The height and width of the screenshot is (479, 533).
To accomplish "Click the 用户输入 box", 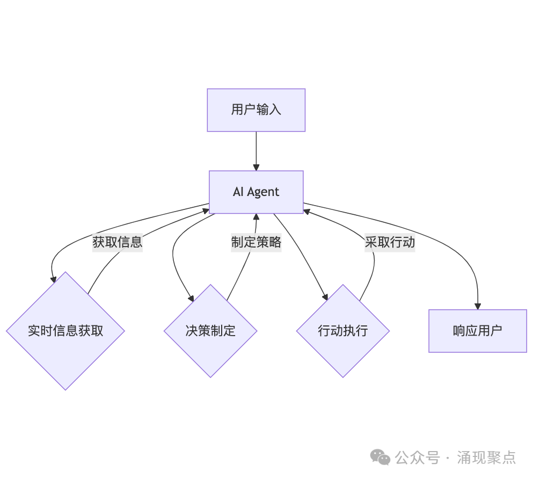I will [256, 110].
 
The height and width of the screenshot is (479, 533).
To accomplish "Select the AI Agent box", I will [256, 192].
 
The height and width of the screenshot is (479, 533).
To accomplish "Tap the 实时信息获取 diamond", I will [65, 331].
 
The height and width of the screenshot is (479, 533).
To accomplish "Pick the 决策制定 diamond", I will [210, 331].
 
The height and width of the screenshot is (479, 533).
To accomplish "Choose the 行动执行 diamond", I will [343, 331].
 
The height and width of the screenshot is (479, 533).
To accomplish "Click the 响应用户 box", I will [477, 331].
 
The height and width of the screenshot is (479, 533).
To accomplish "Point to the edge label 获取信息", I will [118, 242].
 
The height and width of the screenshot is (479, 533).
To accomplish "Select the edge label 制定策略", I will [256, 242].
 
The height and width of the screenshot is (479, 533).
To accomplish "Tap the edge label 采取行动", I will [390, 242].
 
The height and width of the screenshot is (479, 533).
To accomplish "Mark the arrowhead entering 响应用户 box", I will [477, 306].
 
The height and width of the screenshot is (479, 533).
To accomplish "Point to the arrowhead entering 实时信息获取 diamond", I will [54, 279].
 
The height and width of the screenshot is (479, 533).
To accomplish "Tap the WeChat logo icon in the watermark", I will [381, 458].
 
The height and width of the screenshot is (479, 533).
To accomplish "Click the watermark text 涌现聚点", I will [486, 458].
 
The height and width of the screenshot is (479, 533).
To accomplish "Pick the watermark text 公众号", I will [417, 458].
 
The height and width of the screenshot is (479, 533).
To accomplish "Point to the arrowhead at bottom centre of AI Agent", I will [256, 216].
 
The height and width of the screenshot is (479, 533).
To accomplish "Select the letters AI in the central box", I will [238, 192].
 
